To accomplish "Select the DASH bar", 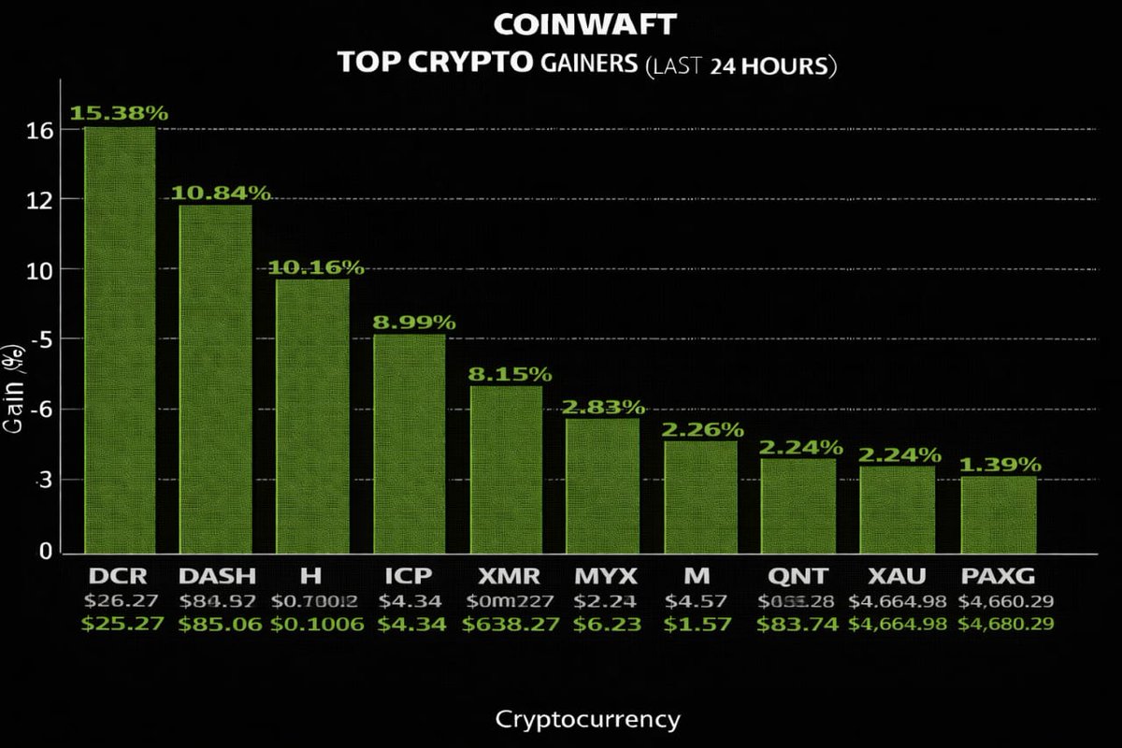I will tap(215, 378).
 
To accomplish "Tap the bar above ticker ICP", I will tap(410, 443).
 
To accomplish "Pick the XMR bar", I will tap(506, 468).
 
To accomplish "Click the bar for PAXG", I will tap(998, 513).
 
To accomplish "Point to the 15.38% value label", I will tap(120, 113).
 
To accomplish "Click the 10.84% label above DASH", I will tap(221, 194).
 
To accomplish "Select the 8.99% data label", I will tap(414, 323).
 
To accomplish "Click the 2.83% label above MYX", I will tap(604, 407).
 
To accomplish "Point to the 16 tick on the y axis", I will tap(40, 130).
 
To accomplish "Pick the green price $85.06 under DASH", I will tap(217, 625).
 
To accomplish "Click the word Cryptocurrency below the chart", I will tap(586, 719).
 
